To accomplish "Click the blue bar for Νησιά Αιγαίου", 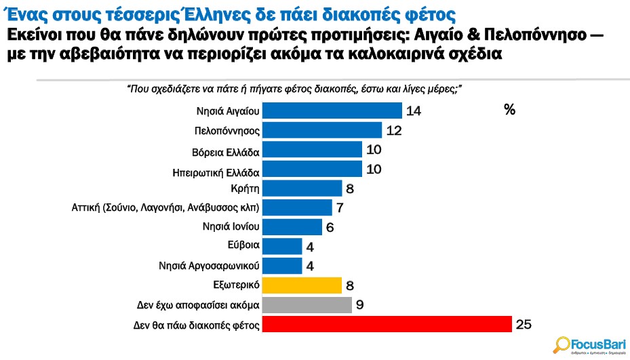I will coord(332,111).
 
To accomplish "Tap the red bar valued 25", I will coord(387,325).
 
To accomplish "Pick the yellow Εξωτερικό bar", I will coord(301,285).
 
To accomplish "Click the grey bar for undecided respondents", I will coord(307,305).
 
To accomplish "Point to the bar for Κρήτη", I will coord(302,188).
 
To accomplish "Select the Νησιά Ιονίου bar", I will coord(292,227).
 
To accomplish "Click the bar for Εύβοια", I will coord(281,246).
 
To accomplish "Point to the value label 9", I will coord(360,305).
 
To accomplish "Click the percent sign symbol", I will coord(510,110).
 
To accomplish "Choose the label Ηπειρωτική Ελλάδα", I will coord(216,169).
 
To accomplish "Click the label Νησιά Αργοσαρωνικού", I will coord(212,266).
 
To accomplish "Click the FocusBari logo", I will coord(587,344).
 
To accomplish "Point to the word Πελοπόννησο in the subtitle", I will coord(532,34).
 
